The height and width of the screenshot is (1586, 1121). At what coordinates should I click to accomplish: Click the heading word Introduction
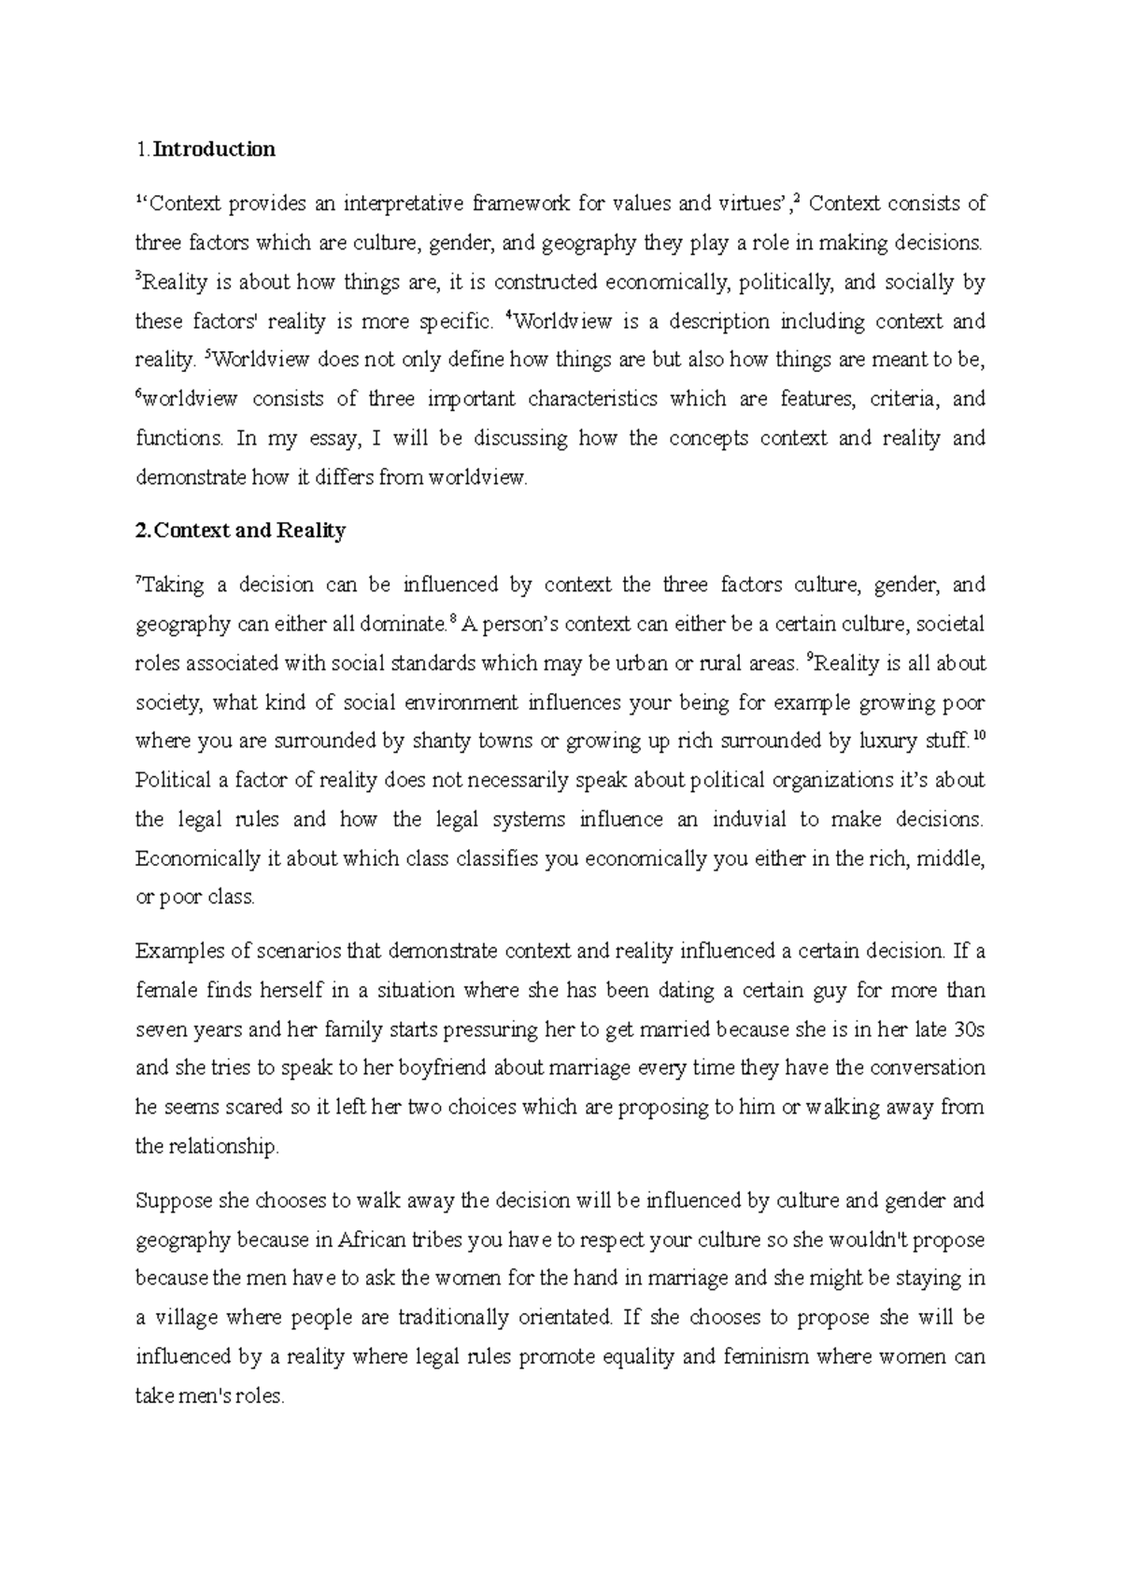(x=214, y=149)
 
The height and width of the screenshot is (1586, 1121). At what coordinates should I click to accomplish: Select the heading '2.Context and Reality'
(x=240, y=531)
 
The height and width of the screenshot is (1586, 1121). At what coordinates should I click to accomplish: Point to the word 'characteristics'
(x=592, y=400)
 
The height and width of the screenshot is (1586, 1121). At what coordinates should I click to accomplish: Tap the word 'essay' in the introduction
(x=330, y=439)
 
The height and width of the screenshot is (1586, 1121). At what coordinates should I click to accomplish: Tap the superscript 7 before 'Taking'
(x=139, y=580)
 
